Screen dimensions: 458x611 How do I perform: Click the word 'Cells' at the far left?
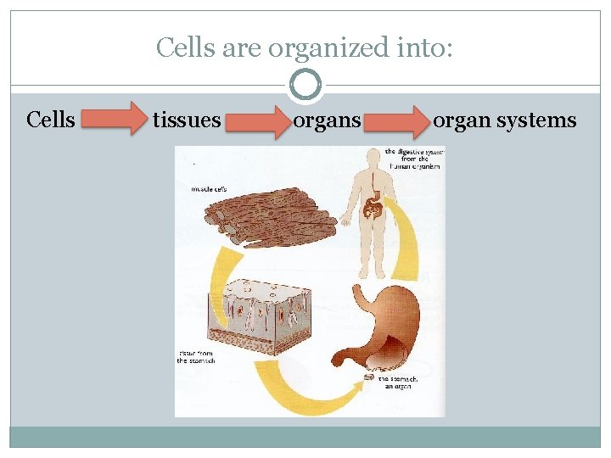point(51,120)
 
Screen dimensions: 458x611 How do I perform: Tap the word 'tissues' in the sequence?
point(187,120)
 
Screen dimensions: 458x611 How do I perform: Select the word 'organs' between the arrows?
point(327,120)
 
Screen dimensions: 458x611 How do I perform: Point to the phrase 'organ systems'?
point(505,120)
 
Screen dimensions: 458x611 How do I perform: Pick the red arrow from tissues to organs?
point(257,121)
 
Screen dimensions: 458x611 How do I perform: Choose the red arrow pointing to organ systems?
point(398,121)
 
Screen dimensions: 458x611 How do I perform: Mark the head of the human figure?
point(372,159)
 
